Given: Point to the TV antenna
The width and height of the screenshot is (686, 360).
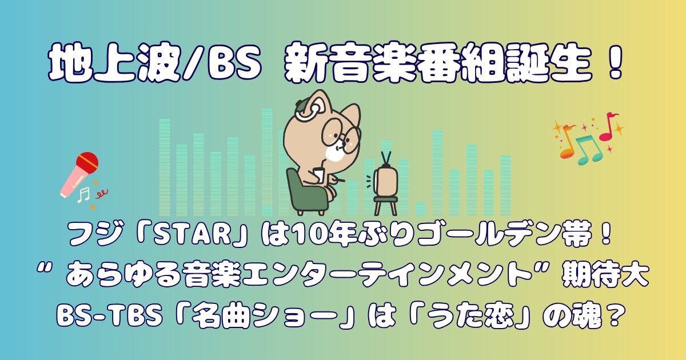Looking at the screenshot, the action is [386, 159].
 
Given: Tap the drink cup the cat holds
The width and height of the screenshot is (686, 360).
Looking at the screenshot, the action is [319, 175].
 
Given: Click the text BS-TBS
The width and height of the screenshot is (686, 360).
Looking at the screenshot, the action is [109, 317].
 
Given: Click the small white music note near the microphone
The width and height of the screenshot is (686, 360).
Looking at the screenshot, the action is [83, 195].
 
